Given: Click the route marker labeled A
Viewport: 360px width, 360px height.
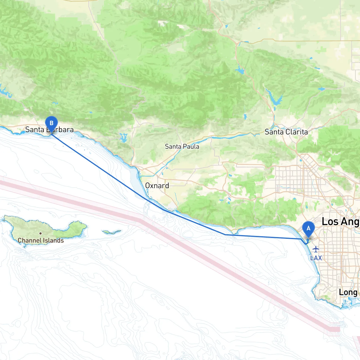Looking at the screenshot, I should [x=308, y=228].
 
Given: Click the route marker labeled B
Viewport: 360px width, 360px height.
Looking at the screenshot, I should [x=51, y=123].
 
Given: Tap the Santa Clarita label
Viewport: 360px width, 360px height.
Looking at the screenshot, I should [x=286, y=132].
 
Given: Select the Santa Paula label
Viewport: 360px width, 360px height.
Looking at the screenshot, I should [x=182, y=147].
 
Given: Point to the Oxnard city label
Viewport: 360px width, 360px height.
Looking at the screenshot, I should [x=157, y=186].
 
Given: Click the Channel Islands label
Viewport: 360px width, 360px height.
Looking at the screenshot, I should [x=41, y=240].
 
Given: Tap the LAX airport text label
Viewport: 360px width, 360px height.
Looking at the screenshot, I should [x=316, y=258].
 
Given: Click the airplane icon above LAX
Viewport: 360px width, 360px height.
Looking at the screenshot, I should [x=316, y=249].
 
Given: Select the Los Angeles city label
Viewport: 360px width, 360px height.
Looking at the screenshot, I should [x=340, y=222].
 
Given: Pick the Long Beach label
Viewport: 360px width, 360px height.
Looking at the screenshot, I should [x=348, y=292].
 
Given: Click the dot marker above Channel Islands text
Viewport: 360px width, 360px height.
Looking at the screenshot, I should [x=40, y=233].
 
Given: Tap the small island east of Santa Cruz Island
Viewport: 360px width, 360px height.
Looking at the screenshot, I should [x=112, y=232].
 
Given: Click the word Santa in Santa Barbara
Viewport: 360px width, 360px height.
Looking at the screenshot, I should [x=35, y=130].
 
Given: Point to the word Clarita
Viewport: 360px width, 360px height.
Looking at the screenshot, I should [x=297, y=132].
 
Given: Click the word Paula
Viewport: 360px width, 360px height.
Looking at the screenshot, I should [x=191, y=147].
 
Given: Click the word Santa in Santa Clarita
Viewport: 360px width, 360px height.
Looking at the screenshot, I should [x=274, y=132].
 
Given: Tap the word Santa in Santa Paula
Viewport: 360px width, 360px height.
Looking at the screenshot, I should [x=173, y=147].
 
